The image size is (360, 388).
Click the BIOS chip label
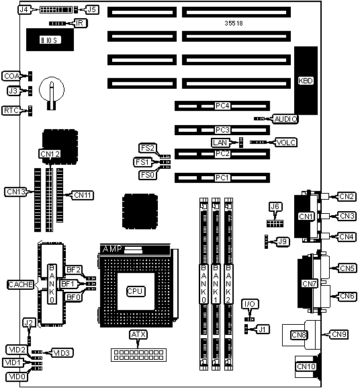click(x=50, y=40)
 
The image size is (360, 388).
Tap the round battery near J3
click(x=52, y=89)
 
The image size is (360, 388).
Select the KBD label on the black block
click(x=306, y=81)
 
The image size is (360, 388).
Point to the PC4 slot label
click(x=222, y=106)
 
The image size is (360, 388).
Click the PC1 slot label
click(x=222, y=178)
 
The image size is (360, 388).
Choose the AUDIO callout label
click(x=285, y=119)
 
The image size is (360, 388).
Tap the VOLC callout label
click(x=286, y=143)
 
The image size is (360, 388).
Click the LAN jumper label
click(x=220, y=143)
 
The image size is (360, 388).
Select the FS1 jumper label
click(x=142, y=162)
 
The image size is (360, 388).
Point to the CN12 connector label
click(x=50, y=154)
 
